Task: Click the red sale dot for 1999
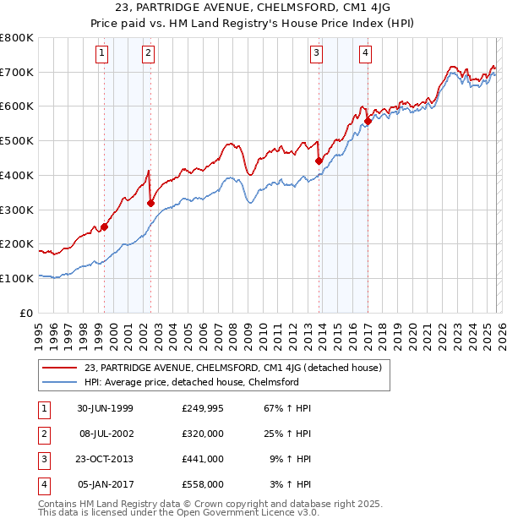coord(105,227)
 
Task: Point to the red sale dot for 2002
coord(150,203)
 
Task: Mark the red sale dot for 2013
coord(319,161)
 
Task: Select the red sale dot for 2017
coord(368,121)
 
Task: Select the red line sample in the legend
coord(60,368)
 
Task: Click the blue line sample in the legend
coord(60,382)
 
